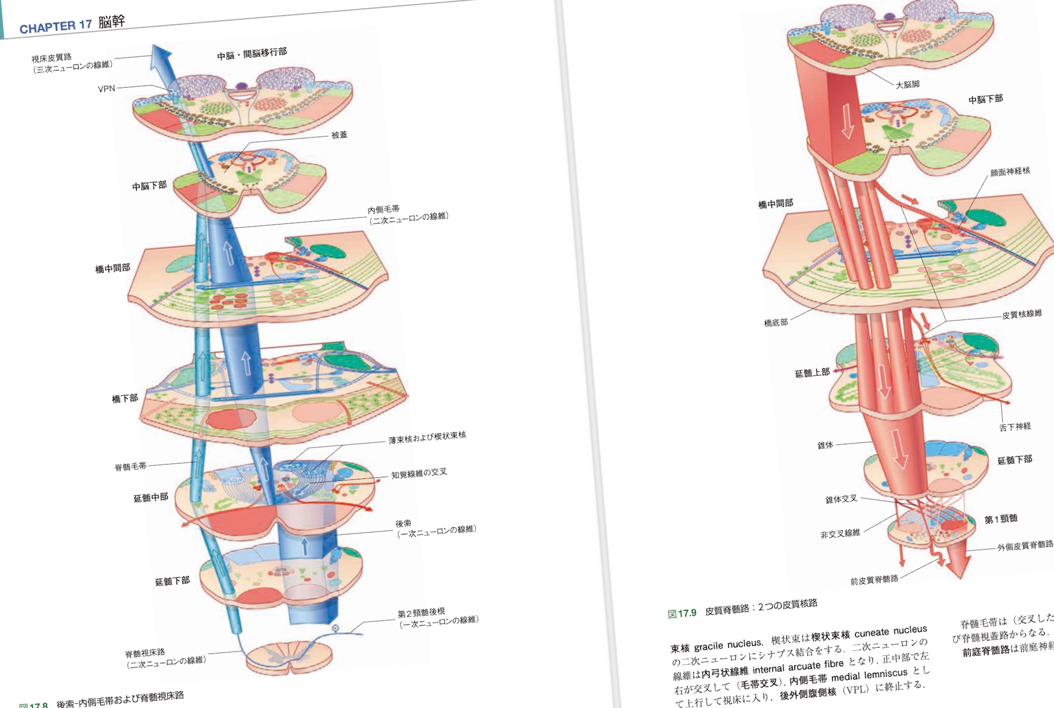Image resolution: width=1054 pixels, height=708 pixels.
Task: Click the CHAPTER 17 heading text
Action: pos(56,26)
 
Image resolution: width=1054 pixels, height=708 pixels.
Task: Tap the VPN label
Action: pos(107,89)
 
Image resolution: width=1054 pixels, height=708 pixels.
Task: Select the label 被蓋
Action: pos(339,135)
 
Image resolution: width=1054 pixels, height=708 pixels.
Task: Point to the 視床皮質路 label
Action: pos(51,58)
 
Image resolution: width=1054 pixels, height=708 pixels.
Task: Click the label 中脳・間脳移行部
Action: pos(252,54)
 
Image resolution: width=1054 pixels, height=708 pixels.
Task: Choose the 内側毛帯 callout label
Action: pos(383,209)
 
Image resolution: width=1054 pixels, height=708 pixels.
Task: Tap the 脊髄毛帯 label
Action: pos(130,467)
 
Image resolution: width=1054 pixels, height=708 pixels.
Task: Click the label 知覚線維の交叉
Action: pos(419,473)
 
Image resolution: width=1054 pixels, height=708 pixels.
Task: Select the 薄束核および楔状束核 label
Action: pos(427,437)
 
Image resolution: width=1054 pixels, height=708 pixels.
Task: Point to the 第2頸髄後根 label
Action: pos(420,613)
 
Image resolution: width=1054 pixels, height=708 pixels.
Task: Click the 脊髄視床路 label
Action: pos(145,653)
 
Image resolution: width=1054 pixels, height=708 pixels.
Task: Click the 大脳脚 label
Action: pos(907,84)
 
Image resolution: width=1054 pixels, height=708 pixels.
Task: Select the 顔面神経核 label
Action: pos(1010,171)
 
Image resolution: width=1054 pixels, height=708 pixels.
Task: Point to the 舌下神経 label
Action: pos(1015,426)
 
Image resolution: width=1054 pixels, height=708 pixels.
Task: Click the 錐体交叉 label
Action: pos(841,499)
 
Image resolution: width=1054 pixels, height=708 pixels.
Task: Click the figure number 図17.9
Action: pos(681,613)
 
